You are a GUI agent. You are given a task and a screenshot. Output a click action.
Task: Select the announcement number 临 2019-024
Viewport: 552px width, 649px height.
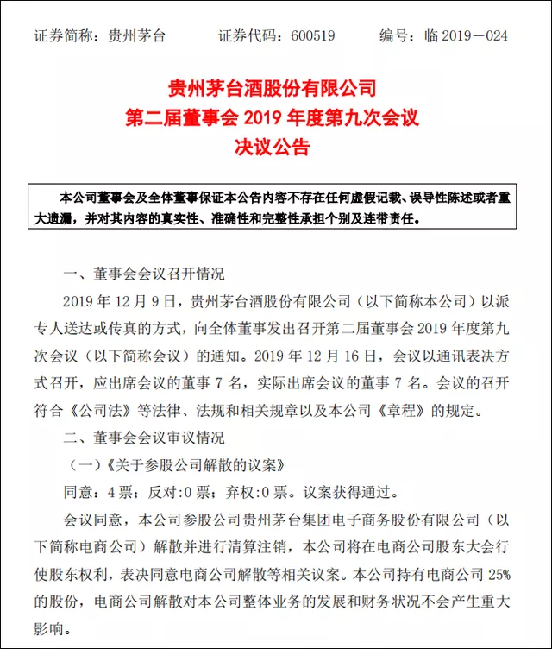coord(466,36)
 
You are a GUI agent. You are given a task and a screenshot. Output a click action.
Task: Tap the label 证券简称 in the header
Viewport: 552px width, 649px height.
coord(63,36)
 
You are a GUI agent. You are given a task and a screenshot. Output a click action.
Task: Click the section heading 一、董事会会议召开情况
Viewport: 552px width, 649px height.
coord(144,274)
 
